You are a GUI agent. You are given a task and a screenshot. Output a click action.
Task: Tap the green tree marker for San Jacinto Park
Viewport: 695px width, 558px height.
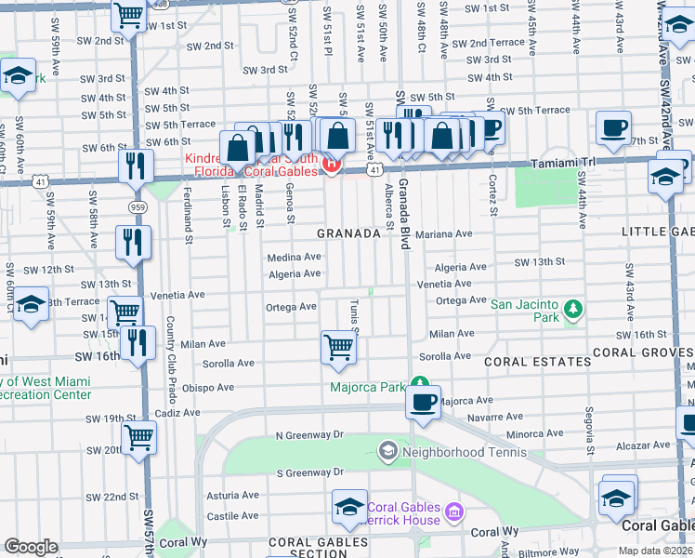tap(573, 308)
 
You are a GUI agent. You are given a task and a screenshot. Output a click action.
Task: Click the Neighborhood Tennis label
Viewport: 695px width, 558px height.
tap(463, 453)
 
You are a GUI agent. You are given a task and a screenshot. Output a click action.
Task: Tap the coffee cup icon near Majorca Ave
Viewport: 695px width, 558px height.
tap(424, 402)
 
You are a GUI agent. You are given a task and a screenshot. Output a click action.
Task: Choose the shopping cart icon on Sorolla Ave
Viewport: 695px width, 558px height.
tap(338, 347)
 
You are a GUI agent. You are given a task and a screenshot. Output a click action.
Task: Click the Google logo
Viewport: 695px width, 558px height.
tap(31, 547)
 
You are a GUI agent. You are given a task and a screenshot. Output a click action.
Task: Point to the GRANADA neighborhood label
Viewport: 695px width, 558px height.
tap(348, 233)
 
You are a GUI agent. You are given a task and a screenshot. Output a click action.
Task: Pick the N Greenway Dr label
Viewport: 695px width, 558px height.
tap(309, 434)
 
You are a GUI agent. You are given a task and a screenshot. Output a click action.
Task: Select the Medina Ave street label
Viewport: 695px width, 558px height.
tap(294, 257)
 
